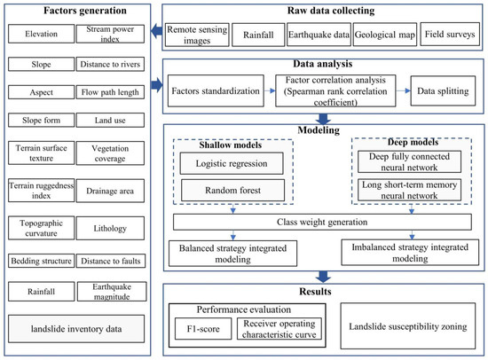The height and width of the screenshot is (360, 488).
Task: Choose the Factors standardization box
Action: pos(218,90)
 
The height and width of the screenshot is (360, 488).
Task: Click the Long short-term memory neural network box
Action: pos(409,189)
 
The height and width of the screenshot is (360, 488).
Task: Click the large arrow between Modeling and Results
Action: pos(319,276)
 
